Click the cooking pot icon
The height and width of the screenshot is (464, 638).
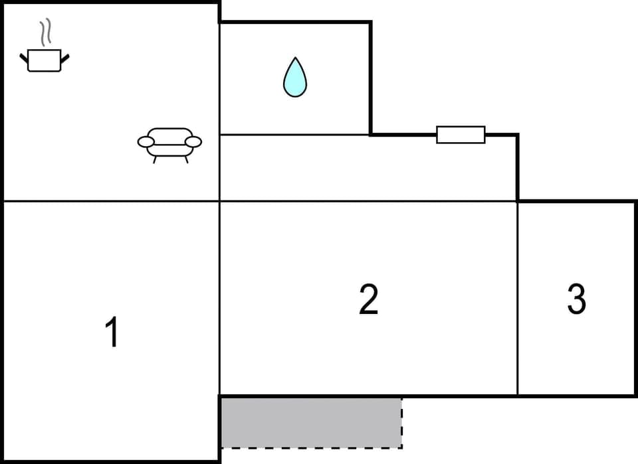point(45,60)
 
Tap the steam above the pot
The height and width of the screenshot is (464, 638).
point(45,32)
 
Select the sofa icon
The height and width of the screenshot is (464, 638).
point(169,143)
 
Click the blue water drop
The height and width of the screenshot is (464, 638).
point(295,79)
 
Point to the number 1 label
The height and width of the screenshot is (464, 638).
point(112,333)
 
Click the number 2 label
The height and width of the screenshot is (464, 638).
point(368,299)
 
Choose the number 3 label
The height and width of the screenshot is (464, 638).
point(576,299)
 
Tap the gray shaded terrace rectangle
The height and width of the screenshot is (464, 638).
point(310,422)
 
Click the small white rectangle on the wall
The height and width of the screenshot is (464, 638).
point(461,134)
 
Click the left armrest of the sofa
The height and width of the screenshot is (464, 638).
point(146,141)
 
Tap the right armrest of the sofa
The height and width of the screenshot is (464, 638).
point(193,141)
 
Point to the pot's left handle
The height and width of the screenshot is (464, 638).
point(24,58)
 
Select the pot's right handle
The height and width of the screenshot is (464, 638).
point(65,58)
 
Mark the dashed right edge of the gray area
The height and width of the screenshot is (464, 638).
point(402,423)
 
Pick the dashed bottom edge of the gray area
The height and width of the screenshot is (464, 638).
point(310,447)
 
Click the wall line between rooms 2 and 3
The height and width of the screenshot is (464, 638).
point(517,299)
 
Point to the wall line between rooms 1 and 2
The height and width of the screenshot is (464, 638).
point(219,299)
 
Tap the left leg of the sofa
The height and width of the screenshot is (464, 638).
point(155,159)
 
